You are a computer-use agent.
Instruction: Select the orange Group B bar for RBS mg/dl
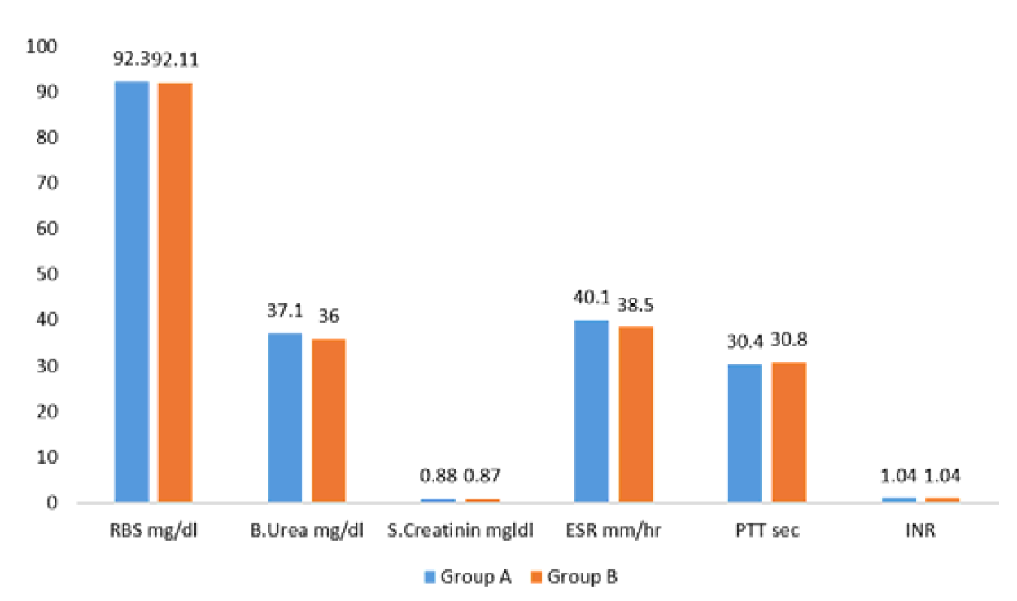[x=175, y=292]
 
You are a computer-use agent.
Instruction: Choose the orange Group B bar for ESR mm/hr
[x=635, y=414]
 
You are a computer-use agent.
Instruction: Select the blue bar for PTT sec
[x=744, y=433]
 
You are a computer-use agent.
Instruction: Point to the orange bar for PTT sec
[x=788, y=432]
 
